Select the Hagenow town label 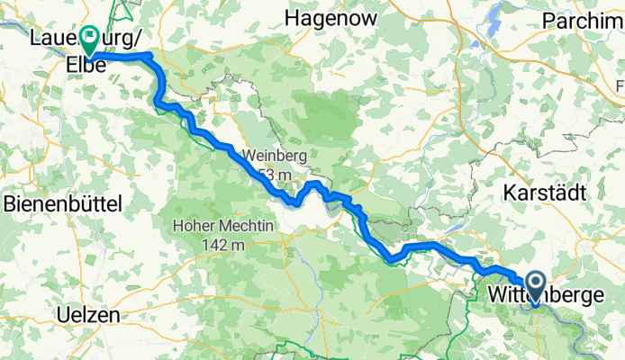pyautogui.click(x=327, y=17)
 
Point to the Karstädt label pyautogui.click(x=545, y=192)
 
